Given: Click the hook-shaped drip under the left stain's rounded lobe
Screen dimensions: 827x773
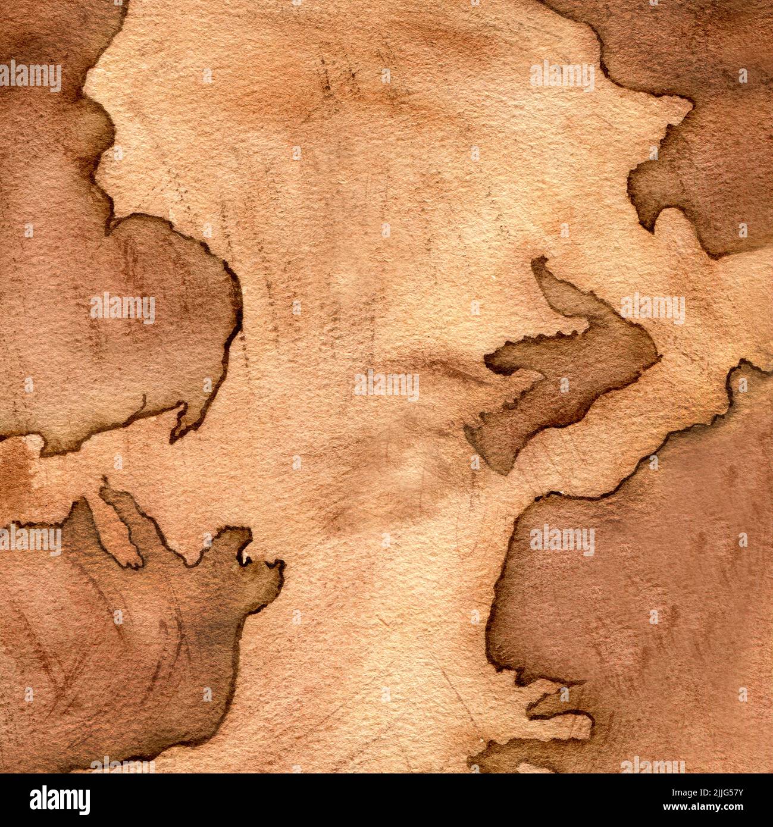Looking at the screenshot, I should pos(179,425).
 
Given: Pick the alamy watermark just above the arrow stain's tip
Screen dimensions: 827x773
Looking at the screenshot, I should pos(653,308).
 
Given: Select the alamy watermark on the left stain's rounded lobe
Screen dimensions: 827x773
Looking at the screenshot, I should pos(123,308).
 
